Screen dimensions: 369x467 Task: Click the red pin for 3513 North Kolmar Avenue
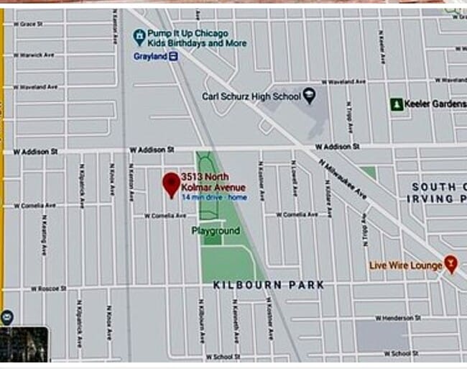pyautogui.click(x=171, y=184)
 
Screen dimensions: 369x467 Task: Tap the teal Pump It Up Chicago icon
pyautogui.click(x=139, y=36)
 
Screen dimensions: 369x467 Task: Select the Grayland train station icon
pyautogui.click(x=174, y=56)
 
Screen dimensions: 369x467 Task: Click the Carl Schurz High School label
pyautogui.click(x=250, y=96)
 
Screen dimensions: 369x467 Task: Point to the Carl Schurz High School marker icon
pyautogui.click(x=310, y=95)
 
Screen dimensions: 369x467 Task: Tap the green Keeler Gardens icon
pyautogui.click(x=395, y=104)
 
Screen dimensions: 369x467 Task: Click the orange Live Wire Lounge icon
pyautogui.click(x=450, y=264)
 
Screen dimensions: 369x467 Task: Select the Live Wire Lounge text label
pyautogui.click(x=406, y=265)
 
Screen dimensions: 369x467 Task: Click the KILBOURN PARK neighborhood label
pyautogui.click(x=268, y=285)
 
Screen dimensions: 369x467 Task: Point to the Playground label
pyautogui.click(x=216, y=231)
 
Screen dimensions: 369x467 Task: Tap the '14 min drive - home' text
pyautogui.click(x=214, y=197)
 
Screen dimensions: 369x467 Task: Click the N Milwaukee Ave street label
pyautogui.click(x=343, y=181)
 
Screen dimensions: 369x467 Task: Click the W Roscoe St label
pyautogui.click(x=47, y=288)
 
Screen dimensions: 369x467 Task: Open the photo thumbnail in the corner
pyautogui.click(x=24, y=345)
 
